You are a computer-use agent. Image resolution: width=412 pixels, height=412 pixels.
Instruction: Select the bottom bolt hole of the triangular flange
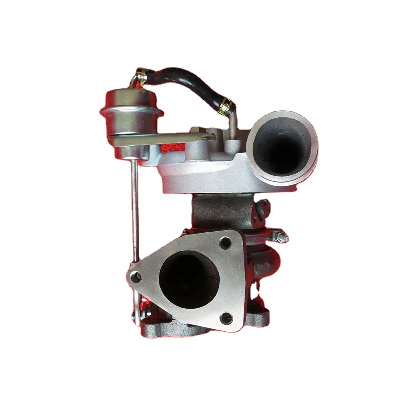tap(225, 317)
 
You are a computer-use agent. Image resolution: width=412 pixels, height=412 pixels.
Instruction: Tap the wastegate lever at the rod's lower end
tap(136, 313)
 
